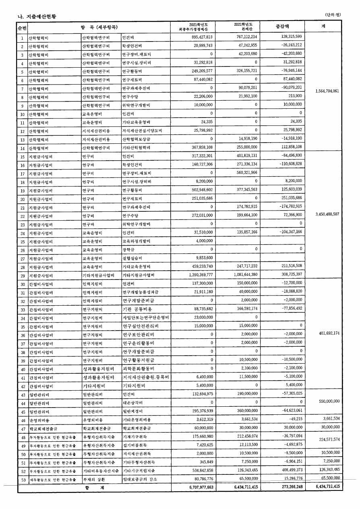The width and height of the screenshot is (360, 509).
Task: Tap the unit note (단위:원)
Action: point(333,14)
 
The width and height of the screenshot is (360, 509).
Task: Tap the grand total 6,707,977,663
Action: point(199,486)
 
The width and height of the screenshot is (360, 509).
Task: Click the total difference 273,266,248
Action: point(288,486)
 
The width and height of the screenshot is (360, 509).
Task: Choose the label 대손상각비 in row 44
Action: point(132,403)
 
